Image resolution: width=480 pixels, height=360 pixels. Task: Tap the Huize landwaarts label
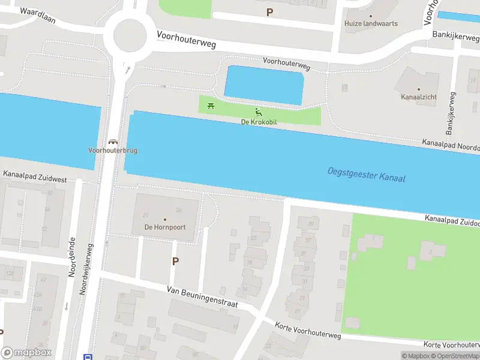(371, 23)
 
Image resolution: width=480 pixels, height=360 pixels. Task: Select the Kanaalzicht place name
(419, 96)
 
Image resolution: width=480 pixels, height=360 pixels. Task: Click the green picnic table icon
(211, 106)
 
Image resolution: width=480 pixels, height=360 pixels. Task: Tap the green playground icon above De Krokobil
(259, 112)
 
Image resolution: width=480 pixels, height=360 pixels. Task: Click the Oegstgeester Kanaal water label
(366, 174)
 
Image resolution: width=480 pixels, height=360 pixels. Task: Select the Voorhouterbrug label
(112, 151)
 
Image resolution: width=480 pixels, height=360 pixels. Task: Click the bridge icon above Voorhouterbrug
(112, 142)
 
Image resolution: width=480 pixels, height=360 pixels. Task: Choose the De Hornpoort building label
(164, 227)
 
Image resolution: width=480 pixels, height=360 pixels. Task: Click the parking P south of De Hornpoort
(175, 261)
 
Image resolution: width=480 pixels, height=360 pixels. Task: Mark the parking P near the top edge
(269, 12)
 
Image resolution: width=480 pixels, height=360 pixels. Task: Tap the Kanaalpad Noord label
(451, 145)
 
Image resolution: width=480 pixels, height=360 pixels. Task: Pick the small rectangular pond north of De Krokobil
(265, 85)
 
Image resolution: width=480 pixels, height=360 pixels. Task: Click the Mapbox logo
(26, 352)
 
